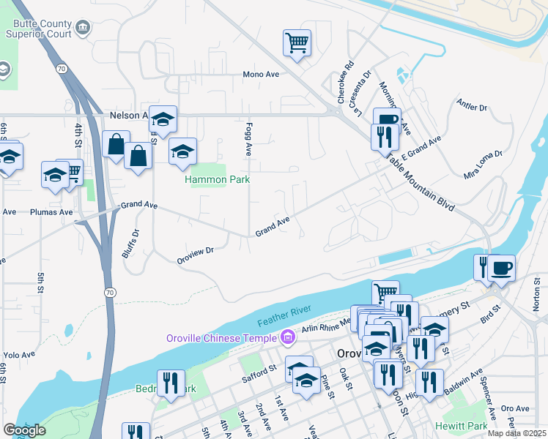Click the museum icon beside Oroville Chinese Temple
click(287, 337)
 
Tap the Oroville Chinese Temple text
click(220, 337)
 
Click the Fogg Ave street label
click(248, 139)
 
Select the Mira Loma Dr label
click(484, 165)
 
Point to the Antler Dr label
click(472, 107)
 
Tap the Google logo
click(25, 430)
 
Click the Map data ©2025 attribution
click(516, 433)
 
